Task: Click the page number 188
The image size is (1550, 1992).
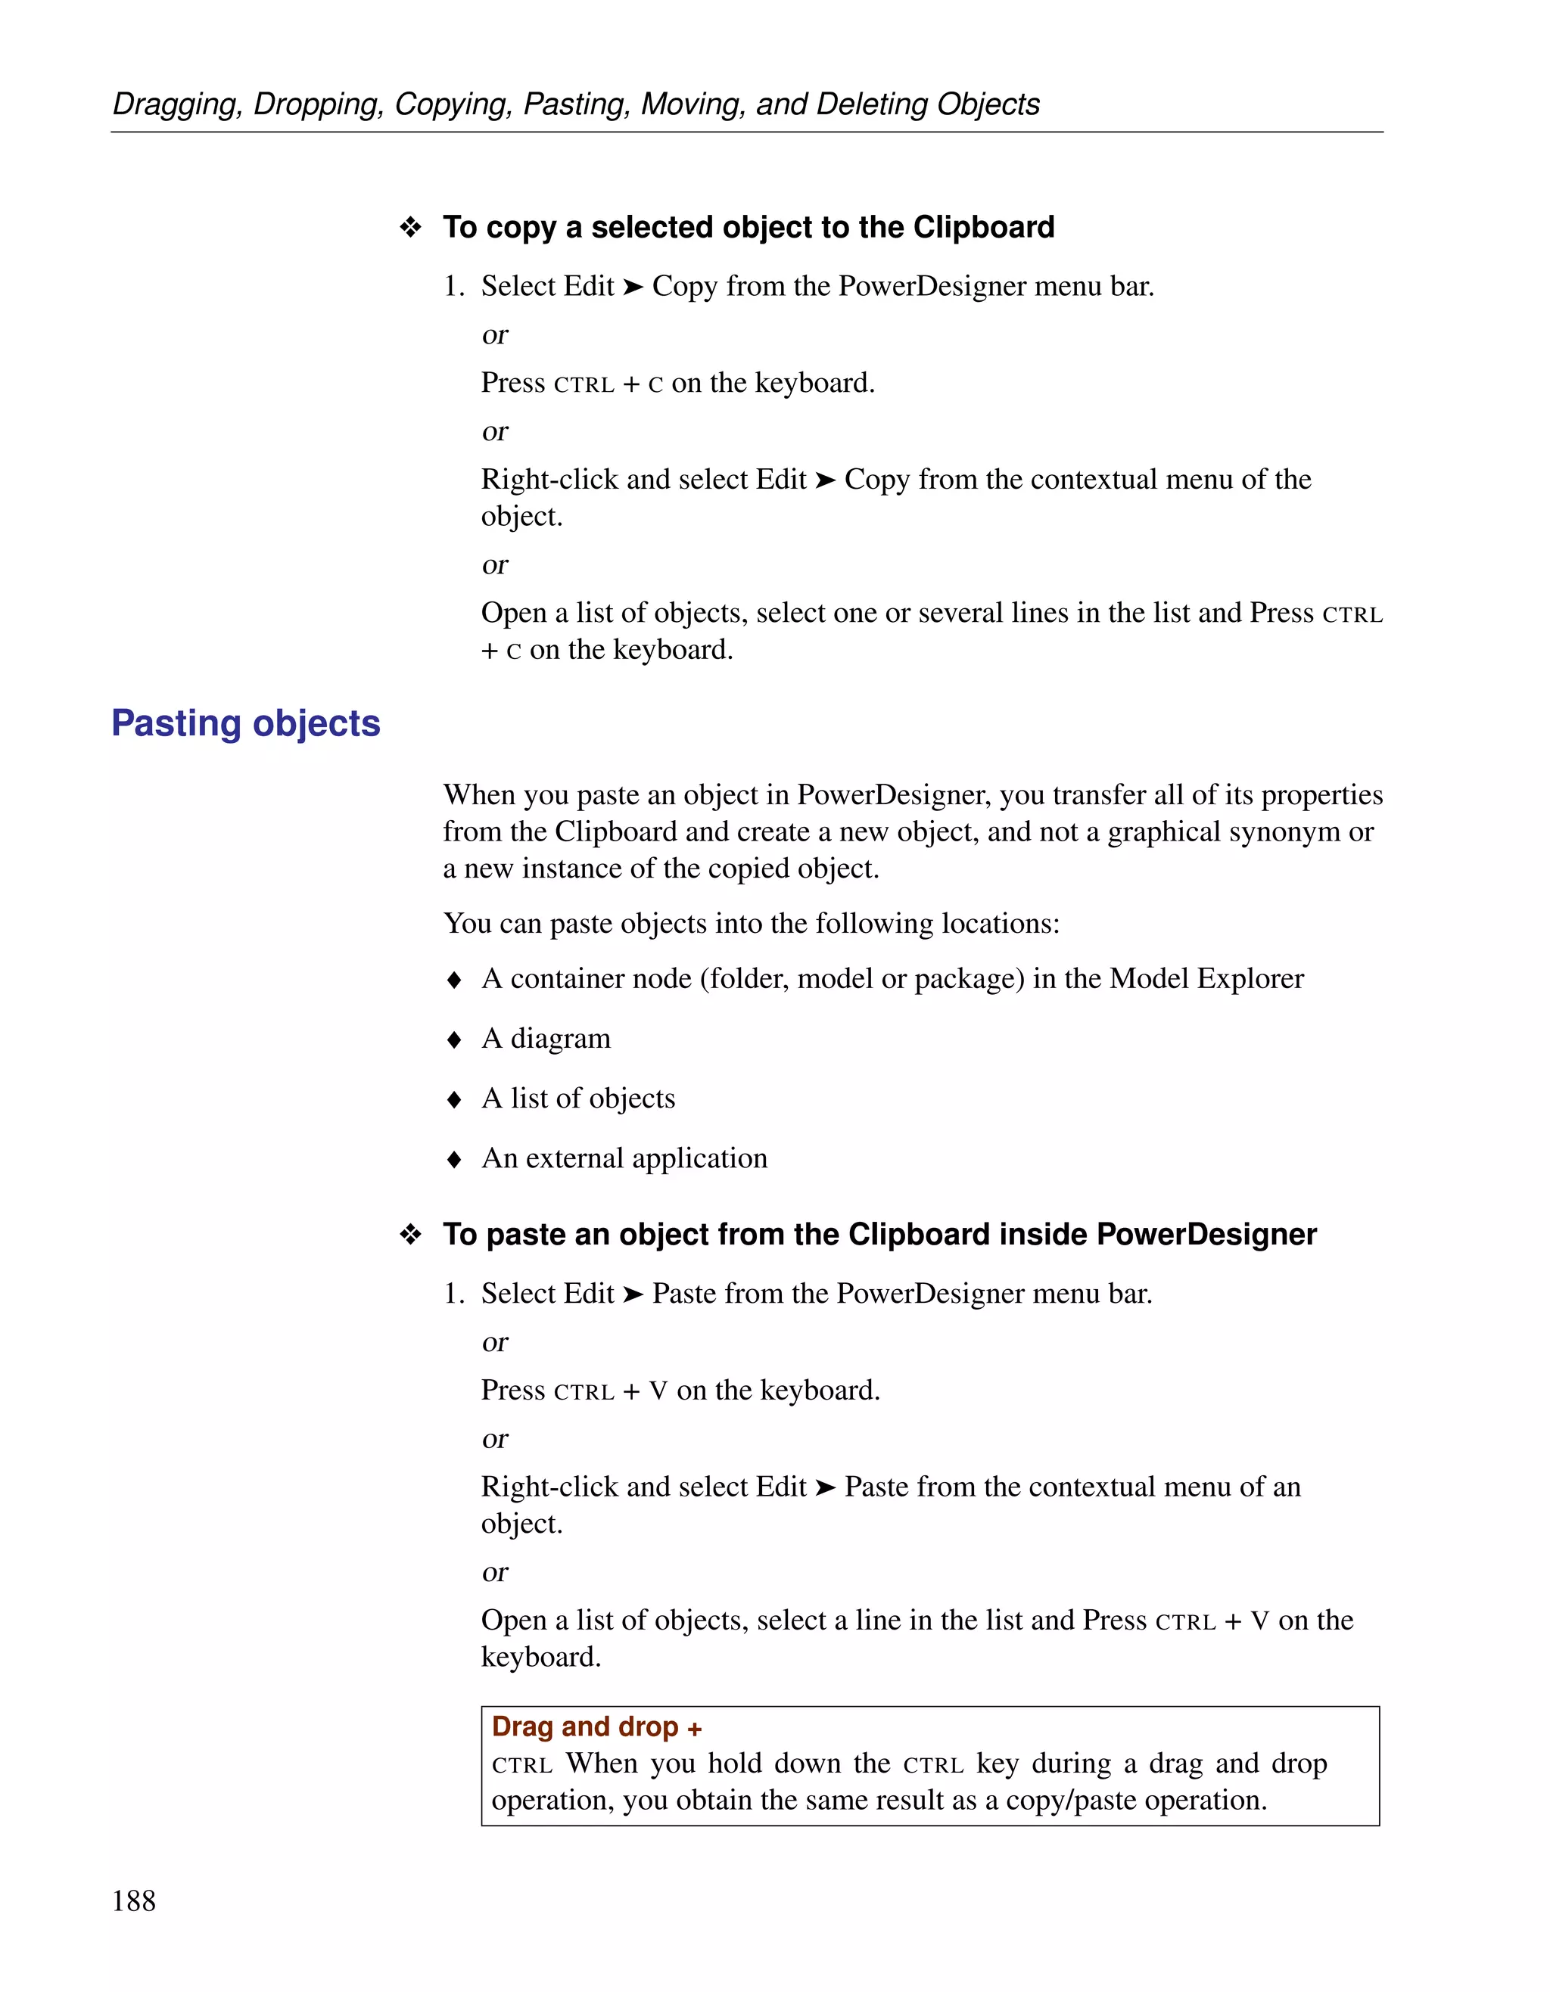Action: point(133,1900)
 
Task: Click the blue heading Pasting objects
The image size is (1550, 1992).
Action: point(245,723)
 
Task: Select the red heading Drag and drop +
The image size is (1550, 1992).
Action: point(596,1726)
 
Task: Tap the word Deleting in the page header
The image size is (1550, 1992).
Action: point(871,104)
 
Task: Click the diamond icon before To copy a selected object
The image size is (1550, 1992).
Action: point(410,227)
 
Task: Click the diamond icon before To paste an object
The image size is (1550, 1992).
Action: point(410,1235)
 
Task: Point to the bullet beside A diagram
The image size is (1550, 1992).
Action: point(454,1040)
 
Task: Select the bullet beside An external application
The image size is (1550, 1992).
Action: point(454,1159)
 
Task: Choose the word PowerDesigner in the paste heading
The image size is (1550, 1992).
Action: point(1206,1234)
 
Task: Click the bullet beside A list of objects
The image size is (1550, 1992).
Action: point(454,1100)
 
